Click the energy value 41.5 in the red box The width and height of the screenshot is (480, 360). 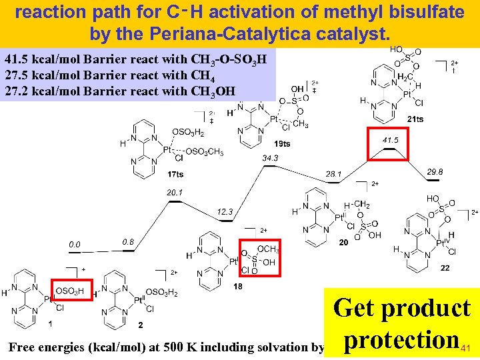pyautogui.click(x=391, y=141)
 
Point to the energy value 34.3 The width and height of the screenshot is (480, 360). pyautogui.click(x=271, y=158)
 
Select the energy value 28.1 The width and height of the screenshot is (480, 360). pyautogui.click(x=333, y=174)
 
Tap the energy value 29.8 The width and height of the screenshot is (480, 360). pyautogui.click(x=434, y=171)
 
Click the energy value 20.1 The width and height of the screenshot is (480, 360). pyautogui.click(x=175, y=193)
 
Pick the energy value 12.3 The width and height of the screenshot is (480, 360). pyautogui.click(x=225, y=212)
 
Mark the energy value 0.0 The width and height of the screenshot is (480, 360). pyautogui.click(x=74, y=245)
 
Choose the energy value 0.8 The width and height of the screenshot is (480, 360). pyautogui.click(x=129, y=241)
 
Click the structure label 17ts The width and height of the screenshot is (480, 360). pyautogui.click(x=175, y=175)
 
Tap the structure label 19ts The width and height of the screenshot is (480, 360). pyautogui.click(x=282, y=143)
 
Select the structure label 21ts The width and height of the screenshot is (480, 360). pyautogui.click(x=415, y=119)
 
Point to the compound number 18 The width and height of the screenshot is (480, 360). pyautogui.click(x=238, y=286)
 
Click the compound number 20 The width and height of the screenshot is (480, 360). pyautogui.click(x=343, y=243)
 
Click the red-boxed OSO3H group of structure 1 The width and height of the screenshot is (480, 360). pyautogui.click(x=69, y=291)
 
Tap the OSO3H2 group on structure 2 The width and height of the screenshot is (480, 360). pyautogui.click(x=161, y=292)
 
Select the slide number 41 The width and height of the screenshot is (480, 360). pyautogui.click(x=466, y=347)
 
